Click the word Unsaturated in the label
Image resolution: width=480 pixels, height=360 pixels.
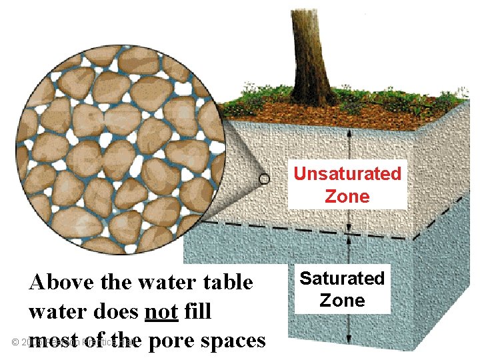(347, 174)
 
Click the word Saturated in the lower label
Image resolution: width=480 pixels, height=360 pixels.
(342, 278)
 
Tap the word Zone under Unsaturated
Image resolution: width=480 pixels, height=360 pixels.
(347, 196)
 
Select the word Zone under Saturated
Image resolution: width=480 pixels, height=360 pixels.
(342, 300)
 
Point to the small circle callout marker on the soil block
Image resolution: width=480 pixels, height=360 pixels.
(265, 179)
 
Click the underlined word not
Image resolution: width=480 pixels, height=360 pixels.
(161, 311)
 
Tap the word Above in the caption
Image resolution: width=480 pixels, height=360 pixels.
(61, 283)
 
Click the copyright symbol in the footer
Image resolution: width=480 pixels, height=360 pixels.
(15, 342)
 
